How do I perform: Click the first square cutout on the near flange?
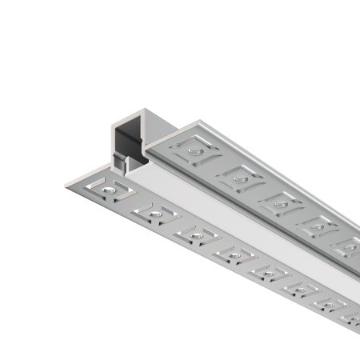point(113,190)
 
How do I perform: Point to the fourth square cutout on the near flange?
point(231,255)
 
